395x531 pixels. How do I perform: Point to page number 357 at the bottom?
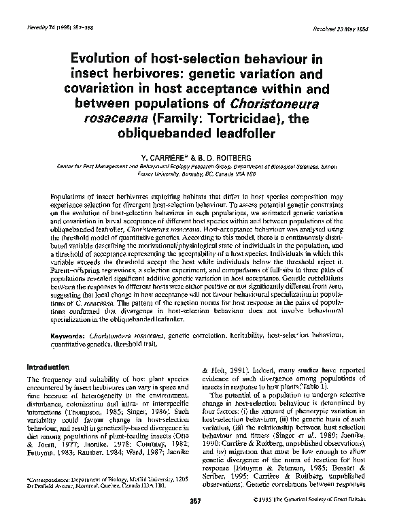197,519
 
